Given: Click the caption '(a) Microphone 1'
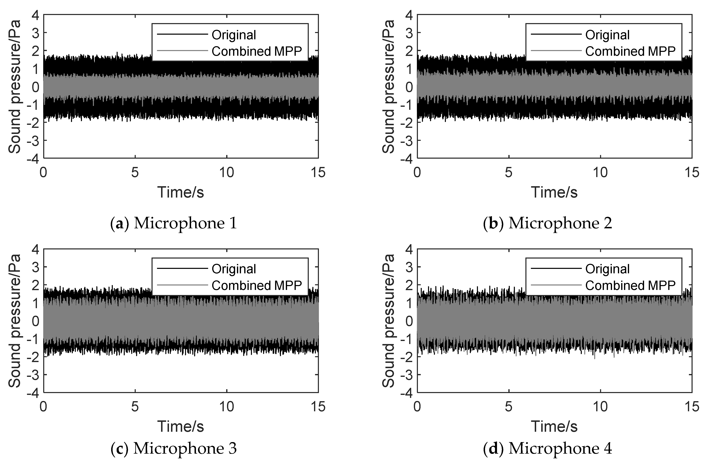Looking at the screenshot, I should [174, 223].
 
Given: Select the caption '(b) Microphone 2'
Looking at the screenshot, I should [547, 223].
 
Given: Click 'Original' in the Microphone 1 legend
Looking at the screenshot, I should [233, 35].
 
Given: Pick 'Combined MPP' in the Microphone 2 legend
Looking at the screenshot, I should [630, 51].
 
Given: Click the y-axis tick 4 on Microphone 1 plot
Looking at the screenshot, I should [36, 15].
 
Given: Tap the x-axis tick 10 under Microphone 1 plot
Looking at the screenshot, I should [227, 173].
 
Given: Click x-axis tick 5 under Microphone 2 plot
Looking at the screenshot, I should [509, 173].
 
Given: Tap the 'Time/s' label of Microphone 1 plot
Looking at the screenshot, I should [181, 192].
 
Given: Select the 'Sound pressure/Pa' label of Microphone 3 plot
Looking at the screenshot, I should [14, 321].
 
